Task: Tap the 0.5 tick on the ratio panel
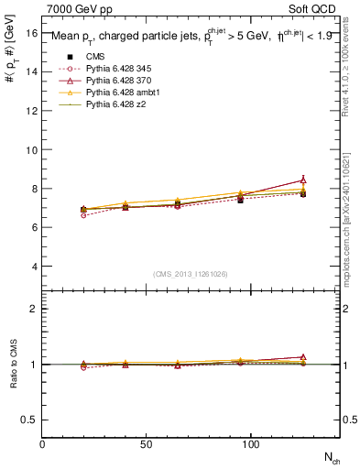coord(29,420)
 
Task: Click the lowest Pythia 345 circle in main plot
coord(84,215)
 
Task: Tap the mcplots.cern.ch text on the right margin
coord(353,220)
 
